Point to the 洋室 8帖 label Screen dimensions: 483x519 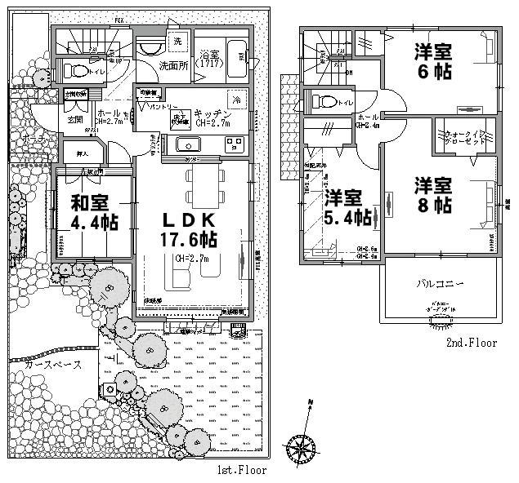pyautogui.click(x=432, y=195)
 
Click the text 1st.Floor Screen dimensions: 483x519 pyautogui.click(x=242, y=471)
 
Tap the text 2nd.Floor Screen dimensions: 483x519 pyautogui.click(x=472, y=343)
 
